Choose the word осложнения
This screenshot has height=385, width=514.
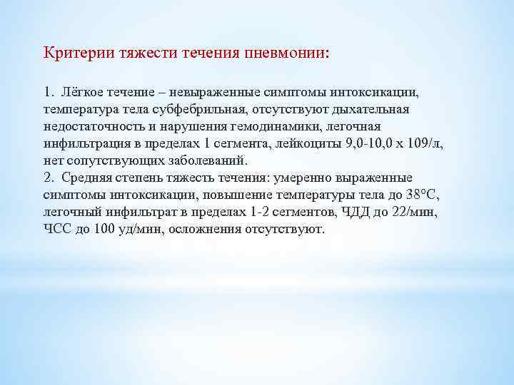point(213,230)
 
